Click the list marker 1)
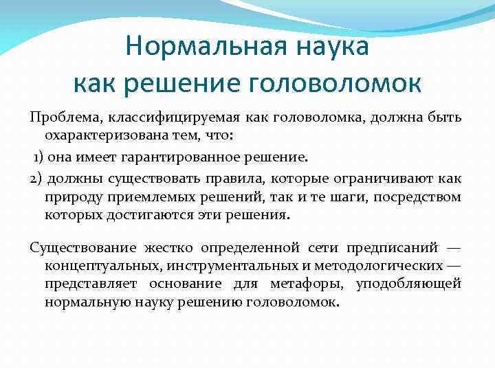[39, 157]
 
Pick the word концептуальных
[96, 265]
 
